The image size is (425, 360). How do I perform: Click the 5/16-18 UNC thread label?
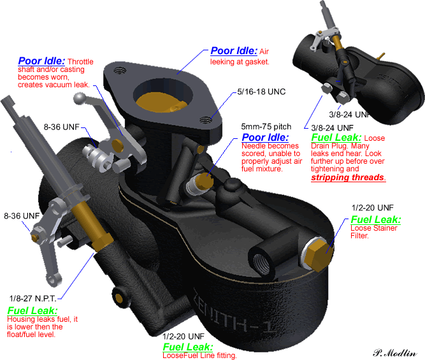pyautogui.click(x=262, y=92)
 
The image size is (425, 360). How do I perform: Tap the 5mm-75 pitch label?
pyautogui.click(x=266, y=127)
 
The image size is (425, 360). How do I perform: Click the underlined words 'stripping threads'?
pyautogui.click(x=349, y=178)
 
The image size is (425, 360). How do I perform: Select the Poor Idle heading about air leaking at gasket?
pyautogui.click(x=234, y=51)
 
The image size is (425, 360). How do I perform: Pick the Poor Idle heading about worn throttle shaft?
pyautogui.click(x=41, y=61)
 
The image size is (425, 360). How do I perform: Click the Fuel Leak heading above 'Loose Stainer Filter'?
pyautogui.click(x=376, y=220)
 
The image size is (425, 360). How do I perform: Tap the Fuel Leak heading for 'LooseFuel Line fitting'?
pyautogui.click(x=188, y=347)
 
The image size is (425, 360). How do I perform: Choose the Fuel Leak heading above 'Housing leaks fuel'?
pyautogui.click(x=30, y=310)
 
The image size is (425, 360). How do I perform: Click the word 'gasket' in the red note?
pyautogui.click(x=256, y=62)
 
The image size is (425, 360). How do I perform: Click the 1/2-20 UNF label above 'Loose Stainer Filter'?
pyautogui.click(x=373, y=208)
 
